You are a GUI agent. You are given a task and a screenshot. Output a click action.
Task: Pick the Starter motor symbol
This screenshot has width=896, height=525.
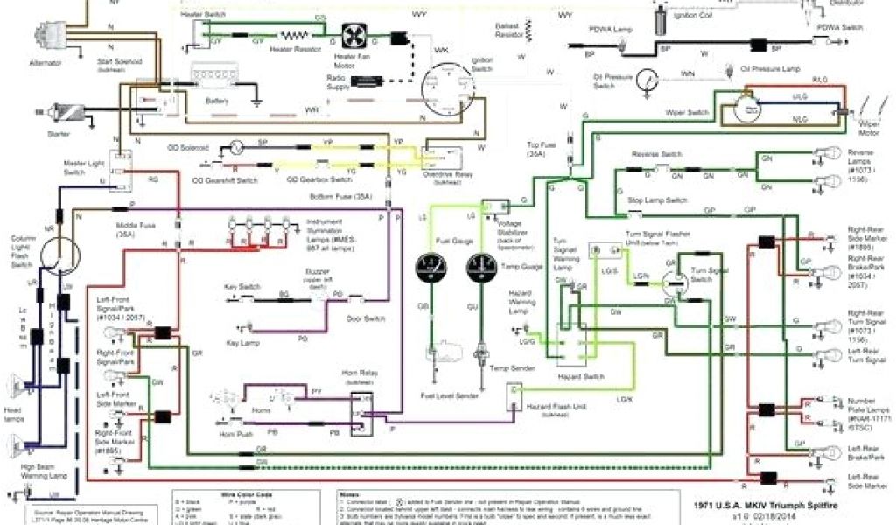tap(66, 112)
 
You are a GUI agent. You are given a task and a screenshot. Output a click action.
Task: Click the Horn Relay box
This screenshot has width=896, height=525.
tap(361, 408)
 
